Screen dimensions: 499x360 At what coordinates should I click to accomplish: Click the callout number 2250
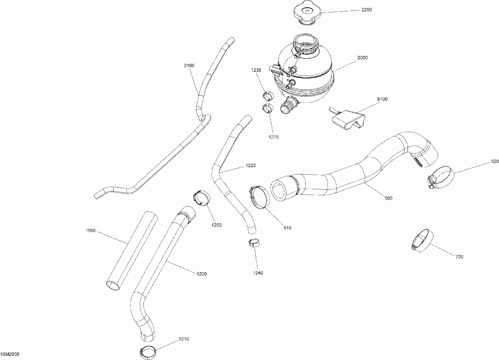pyautogui.click(x=366, y=10)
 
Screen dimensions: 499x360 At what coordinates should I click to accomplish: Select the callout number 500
pyautogui.click(x=388, y=198)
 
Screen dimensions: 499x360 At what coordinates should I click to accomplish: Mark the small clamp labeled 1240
pyautogui.click(x=254, y=243)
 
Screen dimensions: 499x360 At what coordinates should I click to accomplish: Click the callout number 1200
pyautogui.click(x=202, y=274)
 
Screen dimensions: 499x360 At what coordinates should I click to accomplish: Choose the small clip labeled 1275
pyautogui.click(x=268, y=108)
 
